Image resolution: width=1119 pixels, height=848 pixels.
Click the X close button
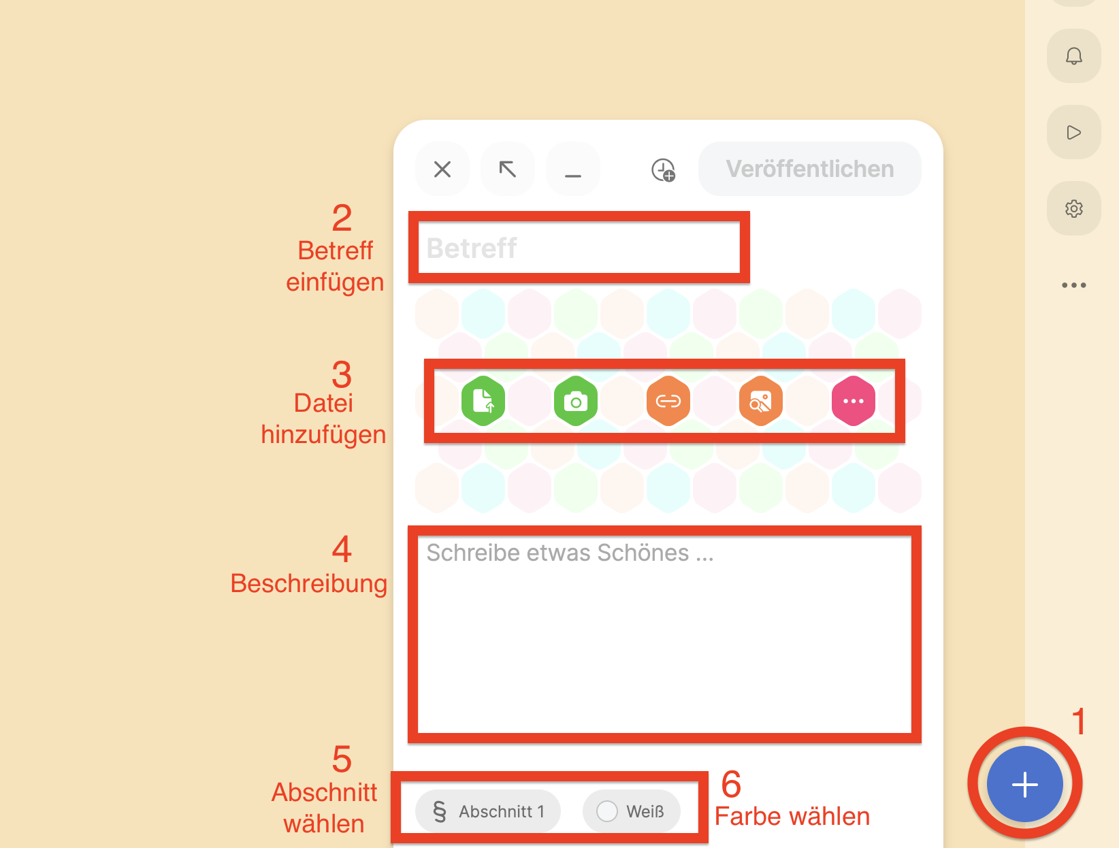coord(442,169)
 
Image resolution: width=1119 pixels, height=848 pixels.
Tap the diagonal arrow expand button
coord(507,169)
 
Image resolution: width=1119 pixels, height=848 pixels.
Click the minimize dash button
coord(572,169)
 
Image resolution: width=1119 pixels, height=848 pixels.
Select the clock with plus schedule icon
coord(663,169)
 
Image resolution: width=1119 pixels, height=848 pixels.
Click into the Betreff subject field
coord(579,248)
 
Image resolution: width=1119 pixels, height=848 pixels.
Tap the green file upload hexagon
coord(483,401)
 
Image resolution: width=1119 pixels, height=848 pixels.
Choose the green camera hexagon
coord(576,401)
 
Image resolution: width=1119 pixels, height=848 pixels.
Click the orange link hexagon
coord(668,401)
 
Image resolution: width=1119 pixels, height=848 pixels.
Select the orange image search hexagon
coord(760,401)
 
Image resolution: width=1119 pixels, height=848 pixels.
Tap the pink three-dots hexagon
coord(853,401)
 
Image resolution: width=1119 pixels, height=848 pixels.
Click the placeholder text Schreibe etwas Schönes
coord(570,553)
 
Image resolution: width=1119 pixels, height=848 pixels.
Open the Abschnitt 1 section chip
coord(488,811)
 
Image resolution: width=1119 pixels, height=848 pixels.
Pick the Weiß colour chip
coord(631,811)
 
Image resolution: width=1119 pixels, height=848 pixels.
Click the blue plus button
coord(1024,784)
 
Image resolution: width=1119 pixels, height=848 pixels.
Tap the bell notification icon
coord(1073,56)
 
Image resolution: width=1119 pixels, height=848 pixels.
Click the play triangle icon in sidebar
coord(1073,133)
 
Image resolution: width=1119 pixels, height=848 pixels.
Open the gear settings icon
coord(1073,208)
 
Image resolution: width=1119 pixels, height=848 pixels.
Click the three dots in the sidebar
coord(1073,285)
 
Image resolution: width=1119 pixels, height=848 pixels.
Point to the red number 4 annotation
coord(342,549)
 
